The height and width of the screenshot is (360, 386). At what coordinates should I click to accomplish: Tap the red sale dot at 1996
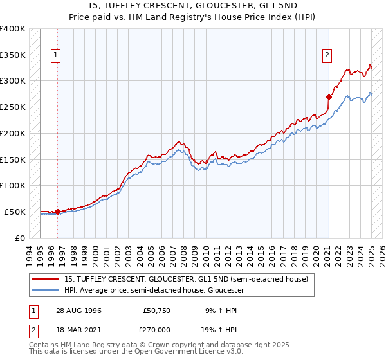(x=57, y=211)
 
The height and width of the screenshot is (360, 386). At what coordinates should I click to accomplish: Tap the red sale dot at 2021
(x=328, y=97)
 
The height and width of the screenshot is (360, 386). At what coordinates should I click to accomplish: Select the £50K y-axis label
(x=14, y=212)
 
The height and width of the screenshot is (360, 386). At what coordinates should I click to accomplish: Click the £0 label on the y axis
(x=19, y=238)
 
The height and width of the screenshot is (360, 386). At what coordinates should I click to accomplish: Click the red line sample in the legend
(x=46, y=279)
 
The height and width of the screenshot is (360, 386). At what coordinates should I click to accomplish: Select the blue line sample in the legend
(x=46, y=290)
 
